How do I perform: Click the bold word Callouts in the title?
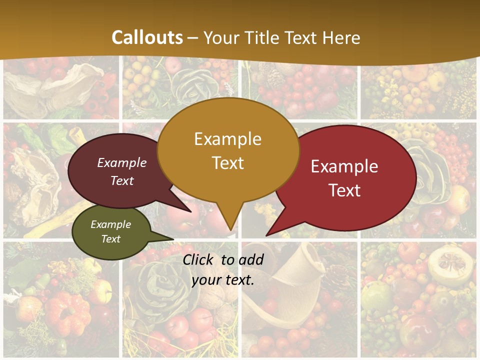[x=147, y=37]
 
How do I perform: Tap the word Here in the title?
[x=341, y=37]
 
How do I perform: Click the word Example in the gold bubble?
[x=227, y=138]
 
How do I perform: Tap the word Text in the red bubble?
[x=344, y=190]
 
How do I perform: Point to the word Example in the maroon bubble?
[x=122, y=162]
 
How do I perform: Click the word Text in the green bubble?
[x=110, y=239]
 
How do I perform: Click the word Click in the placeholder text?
[x=199, y=259]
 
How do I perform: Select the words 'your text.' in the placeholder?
[x=223, y=280]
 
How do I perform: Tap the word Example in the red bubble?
[x=344, y=166]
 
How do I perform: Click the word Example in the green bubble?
[x=110, y=224]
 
